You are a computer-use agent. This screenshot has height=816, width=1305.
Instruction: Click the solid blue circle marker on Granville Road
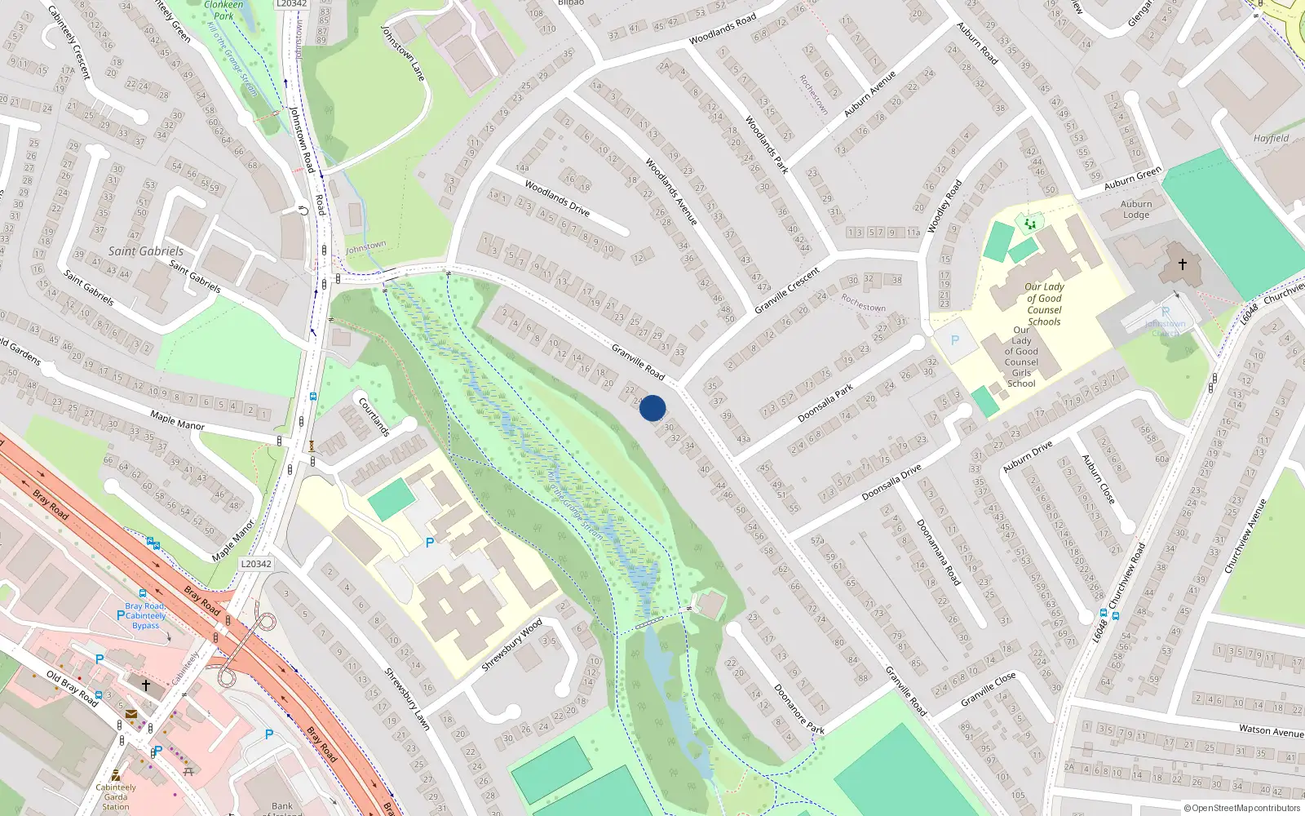[x=652, y=408]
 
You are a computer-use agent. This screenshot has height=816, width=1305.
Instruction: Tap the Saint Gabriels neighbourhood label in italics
[x=146, y=251]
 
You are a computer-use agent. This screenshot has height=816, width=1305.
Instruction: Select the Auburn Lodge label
[x=1136, y=210]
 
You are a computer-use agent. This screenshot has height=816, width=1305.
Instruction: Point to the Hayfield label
[x=1271, y=139]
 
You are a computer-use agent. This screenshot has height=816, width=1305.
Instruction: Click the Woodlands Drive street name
[x=557, y=198]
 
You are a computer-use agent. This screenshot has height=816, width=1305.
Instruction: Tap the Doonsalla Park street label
[x=825, y=402]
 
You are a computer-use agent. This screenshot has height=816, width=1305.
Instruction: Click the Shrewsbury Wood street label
[x=511, y=645]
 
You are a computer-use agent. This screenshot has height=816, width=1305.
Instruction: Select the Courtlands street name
[x=374, y=416]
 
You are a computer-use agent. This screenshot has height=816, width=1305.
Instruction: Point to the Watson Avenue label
[x=1271, y=730]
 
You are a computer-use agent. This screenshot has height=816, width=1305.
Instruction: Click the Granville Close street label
[x=988, y=690]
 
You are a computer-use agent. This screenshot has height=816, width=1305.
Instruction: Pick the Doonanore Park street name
[x=799, y=709]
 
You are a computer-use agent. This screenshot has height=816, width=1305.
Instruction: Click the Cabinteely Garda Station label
[x=116, y=796]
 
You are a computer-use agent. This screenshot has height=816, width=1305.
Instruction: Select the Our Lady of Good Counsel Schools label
[x=1044, y=304]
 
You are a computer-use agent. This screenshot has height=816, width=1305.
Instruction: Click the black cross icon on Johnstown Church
[x=1183, y=264]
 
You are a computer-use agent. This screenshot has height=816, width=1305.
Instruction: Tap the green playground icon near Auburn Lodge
[x=1030, y=223]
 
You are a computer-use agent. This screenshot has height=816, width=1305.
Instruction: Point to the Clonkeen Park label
[x=223, y=10]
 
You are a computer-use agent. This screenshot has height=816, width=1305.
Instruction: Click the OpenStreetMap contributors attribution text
[x=1242, y=809]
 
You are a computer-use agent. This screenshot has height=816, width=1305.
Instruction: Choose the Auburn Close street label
[x=1098, y=479]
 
